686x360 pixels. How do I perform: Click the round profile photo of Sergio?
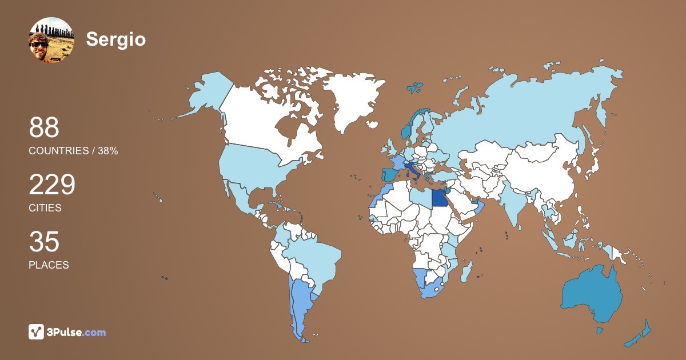(51, 40)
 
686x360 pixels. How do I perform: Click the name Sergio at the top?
(116, 39)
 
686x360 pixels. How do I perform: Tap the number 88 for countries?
(44, 128)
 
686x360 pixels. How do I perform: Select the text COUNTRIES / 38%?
(73, 151)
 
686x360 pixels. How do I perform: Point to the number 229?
(52, 185)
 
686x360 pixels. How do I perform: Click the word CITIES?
(45, 208)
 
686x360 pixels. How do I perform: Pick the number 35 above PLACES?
(44, 242)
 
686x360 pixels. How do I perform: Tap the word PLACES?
(49, 265)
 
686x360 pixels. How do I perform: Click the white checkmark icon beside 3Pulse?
(37, 331)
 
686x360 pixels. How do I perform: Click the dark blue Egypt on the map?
(439, 198)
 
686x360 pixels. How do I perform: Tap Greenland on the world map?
(352, 100)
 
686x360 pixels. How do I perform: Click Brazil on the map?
(314, 257)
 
